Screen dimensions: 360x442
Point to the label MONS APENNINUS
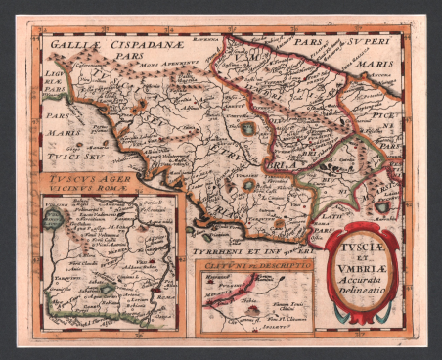[170, 62]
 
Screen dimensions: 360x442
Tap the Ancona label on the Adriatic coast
[389, 78]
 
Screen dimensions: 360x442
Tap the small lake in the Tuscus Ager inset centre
[105, 289]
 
